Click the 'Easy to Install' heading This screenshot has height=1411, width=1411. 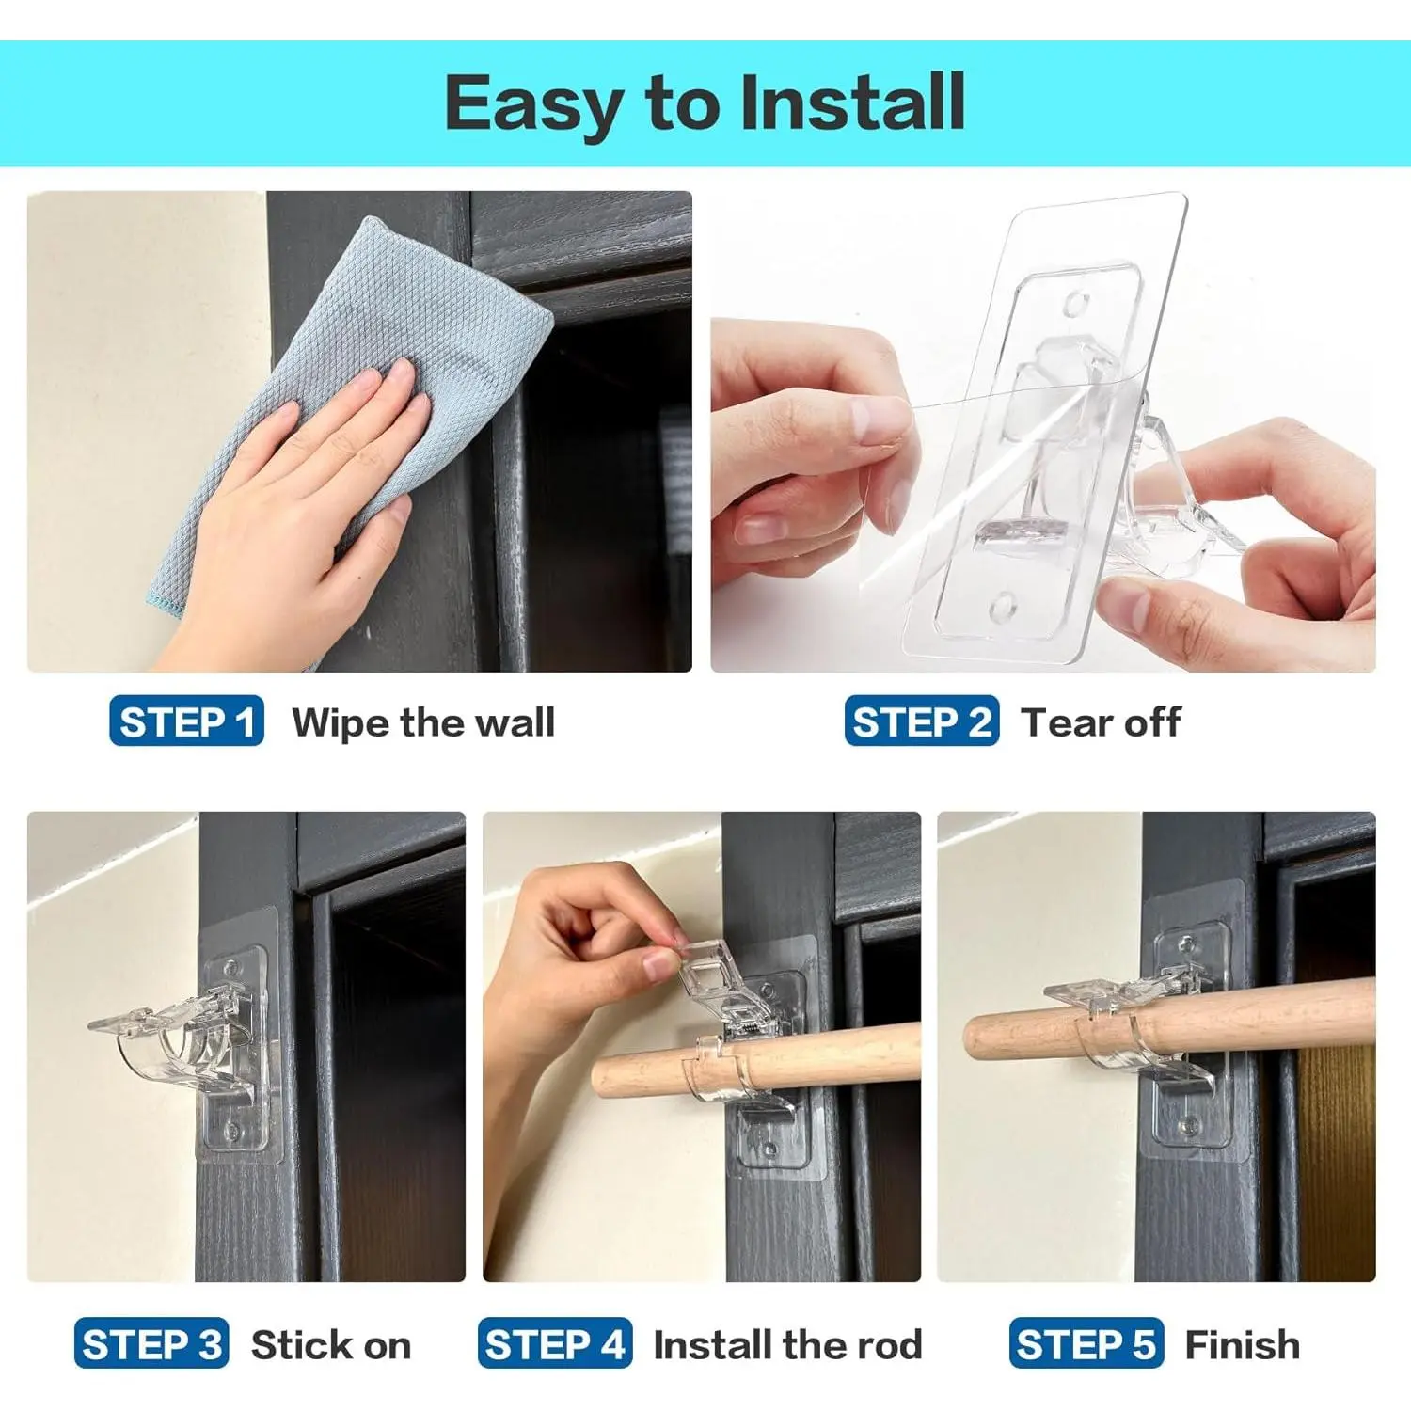[705, 103]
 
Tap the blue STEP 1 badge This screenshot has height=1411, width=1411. [186, 721]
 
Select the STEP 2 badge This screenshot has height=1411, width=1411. [921, 721]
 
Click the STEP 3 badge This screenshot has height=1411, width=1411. [151, 1343]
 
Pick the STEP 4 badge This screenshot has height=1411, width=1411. [555, 1343]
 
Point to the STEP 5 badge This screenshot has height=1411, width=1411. [1086, 1343]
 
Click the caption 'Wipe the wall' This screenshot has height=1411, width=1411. [423, 722]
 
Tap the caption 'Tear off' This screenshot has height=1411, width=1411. [1101, 722]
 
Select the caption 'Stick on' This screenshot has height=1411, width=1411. [331, 1345]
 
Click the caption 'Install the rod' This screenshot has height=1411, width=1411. [788, 1345]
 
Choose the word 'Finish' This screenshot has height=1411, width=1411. [1243, 1345]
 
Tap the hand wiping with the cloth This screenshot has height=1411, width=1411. [282, 508]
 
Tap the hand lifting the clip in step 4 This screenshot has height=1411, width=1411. [583, 950]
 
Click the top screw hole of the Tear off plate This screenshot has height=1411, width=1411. [1075, 304]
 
